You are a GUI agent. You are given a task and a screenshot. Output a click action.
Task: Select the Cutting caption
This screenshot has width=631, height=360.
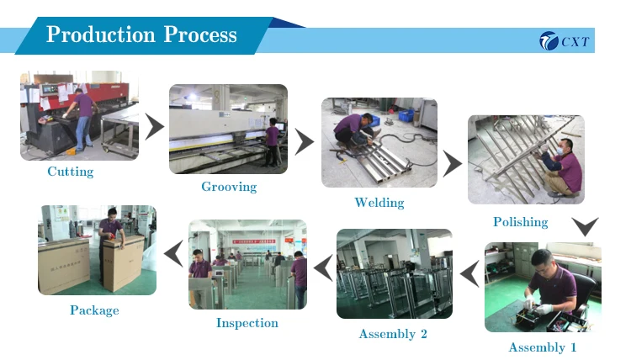(x=70, y=172)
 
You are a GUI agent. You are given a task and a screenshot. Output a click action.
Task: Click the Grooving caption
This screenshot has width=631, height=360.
(x=229, y=187)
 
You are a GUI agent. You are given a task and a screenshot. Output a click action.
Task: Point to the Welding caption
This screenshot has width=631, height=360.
(x=379, y=203)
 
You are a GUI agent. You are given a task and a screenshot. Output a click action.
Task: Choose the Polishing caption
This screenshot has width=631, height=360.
(x=520, y=222)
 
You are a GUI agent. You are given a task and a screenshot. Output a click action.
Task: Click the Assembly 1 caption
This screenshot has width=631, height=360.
(x=543, y=347)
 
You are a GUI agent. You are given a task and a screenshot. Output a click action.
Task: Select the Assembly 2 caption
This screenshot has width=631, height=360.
(x=393, y=334)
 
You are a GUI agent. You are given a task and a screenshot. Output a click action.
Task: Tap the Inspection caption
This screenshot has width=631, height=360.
(x=247, y=323)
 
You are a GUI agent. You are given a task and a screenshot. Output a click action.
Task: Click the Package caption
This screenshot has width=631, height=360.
(x=94, y=310)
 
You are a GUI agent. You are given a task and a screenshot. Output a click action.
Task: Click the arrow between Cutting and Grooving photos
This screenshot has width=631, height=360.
(x=154, y=128)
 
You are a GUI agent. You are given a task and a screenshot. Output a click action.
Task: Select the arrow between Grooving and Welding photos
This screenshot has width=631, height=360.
(x=304, y=141)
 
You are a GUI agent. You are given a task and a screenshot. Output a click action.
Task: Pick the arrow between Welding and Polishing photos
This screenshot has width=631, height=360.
(x=453, y=164)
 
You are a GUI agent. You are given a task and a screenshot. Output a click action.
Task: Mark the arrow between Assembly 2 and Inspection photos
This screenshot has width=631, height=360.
(x=321, y=268)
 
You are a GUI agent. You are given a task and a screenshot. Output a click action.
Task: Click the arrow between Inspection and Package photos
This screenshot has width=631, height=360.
(x=173, y=252)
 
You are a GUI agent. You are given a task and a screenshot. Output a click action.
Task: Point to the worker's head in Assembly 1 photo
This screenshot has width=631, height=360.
(x=542, y=261)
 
